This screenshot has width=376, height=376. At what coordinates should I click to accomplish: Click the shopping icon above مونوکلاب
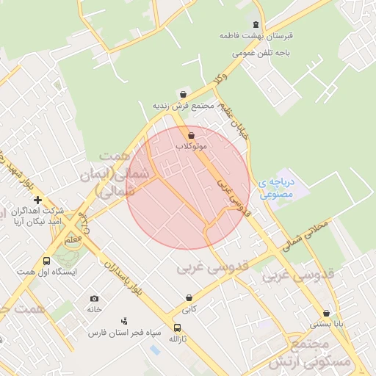tap(192, 135)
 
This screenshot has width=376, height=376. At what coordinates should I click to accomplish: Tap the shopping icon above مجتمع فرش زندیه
tap(183, 95)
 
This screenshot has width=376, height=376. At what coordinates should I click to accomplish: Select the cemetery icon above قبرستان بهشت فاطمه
tap(256, 24)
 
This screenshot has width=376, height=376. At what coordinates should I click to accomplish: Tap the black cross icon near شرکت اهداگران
tap(37, 200)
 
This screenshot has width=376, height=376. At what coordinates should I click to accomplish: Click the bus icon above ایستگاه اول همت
tap(47, 261)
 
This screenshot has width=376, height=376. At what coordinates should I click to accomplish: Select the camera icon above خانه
tap(94, 298)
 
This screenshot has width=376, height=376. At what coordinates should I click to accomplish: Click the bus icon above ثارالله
tap(177, 328)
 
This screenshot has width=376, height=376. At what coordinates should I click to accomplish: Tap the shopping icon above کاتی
tap(190, 298)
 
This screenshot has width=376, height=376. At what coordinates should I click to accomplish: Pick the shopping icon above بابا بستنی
tap(326, 312)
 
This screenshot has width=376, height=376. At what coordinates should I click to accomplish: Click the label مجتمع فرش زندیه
tap(183, 106)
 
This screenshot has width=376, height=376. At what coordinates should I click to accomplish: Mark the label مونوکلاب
tap(192, 147)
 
